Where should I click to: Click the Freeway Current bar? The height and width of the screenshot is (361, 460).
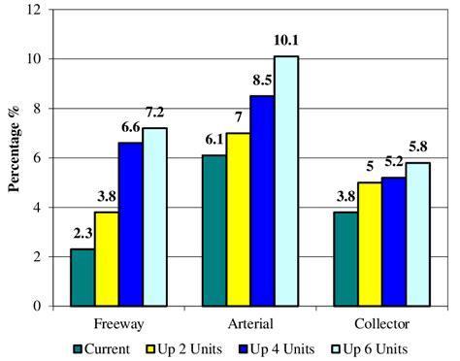[82, 277]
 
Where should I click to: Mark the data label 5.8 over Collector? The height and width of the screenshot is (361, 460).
[418, 151]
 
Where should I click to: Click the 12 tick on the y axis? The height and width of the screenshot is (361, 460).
[35, 10]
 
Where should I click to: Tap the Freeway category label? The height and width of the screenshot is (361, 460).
[118, 322]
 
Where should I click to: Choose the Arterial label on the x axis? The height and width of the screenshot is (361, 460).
[250, 322]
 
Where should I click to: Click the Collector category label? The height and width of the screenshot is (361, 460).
[381, 322]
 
